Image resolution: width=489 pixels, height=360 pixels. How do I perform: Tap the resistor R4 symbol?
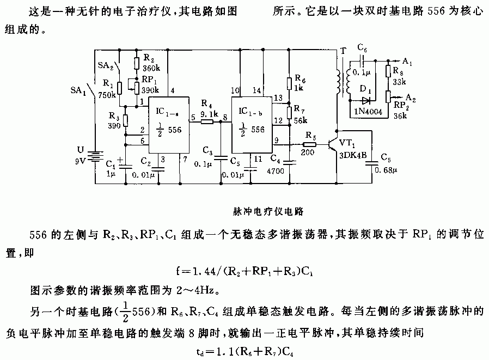click(x=207, y=122)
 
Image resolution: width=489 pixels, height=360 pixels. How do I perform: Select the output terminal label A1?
click(x=407, y=62)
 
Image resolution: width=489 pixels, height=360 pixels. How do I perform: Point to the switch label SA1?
click(x=78, y=91)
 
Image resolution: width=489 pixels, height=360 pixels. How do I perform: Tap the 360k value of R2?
click(x=151, y=69)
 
